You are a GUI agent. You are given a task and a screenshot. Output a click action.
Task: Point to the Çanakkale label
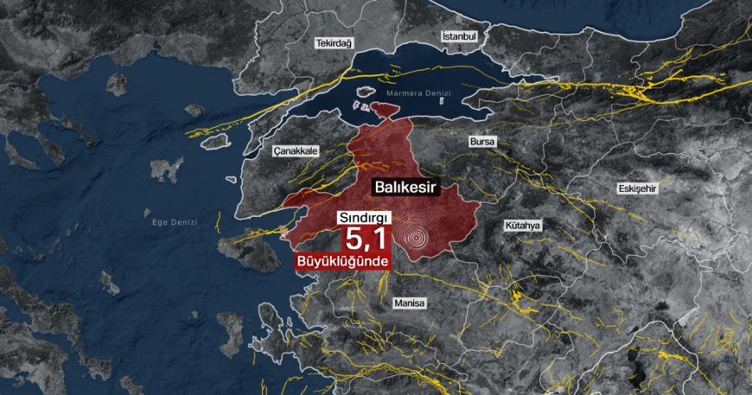[x=296, y=150]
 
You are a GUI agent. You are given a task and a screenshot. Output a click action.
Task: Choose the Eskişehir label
[x=638, y=188]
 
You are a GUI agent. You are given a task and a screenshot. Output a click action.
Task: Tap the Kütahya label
[x=522, y=226]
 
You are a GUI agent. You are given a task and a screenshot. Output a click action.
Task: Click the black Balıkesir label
[x=409, y=187]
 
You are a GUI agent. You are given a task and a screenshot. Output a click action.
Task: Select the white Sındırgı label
[x=364, y=217]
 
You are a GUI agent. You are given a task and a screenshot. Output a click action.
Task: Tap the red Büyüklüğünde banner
[x=342, y=262]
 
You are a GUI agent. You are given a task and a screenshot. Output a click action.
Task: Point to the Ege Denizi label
[x=175, y=222]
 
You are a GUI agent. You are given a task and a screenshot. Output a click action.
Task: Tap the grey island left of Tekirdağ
[x=117, y=83]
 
